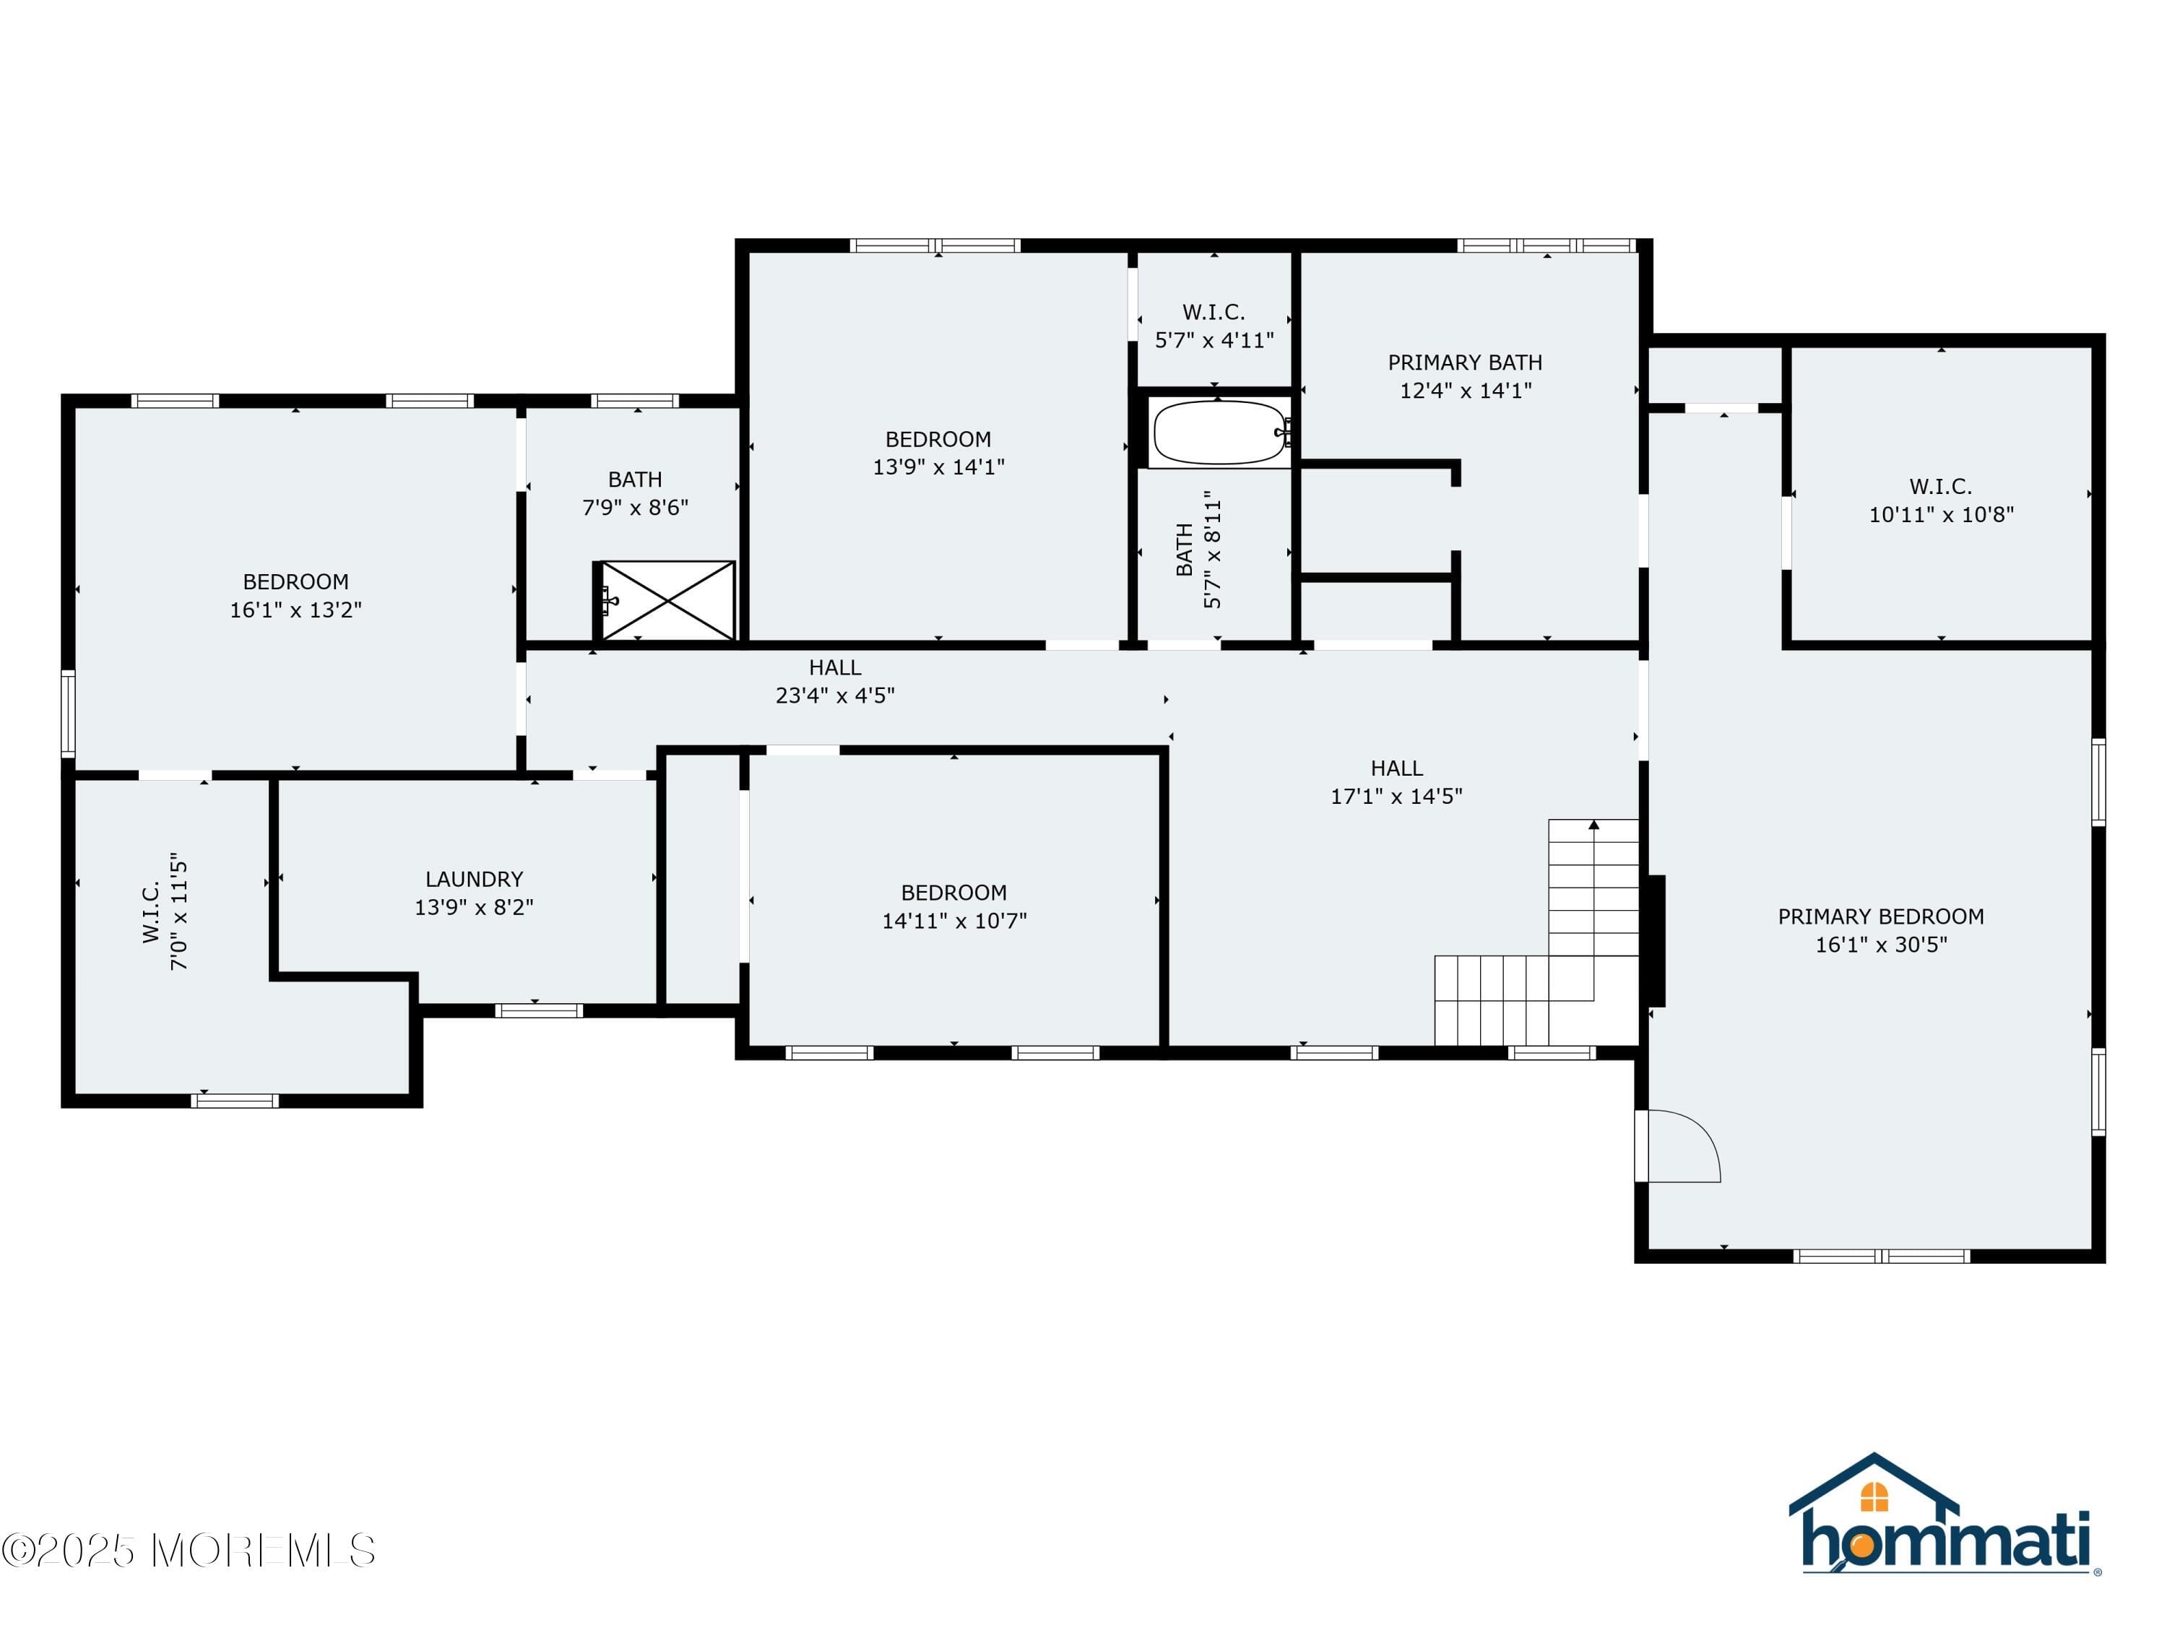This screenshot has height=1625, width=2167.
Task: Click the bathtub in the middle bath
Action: [x=1221, y=433]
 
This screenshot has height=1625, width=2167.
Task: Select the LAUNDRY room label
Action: [x=474, y=880]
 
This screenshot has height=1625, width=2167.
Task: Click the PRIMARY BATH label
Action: [x=1465, y=363]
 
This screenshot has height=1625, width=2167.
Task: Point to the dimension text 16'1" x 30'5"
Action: [x=1881, y=944]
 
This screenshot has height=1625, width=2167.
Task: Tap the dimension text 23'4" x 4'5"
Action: [x=835, y=695]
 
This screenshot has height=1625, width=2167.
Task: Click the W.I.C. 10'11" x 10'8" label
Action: [x=1941, y=500]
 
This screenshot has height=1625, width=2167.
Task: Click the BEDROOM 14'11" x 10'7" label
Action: [x=954, y=906]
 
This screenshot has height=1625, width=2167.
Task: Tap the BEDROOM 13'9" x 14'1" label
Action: [x=938, y=453]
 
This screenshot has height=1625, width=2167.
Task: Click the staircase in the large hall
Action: [x=1537, y=932]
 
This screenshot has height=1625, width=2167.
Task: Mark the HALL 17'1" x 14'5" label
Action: [x=1396, y=781]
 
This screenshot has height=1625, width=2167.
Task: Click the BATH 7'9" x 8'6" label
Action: [x=635, y=493]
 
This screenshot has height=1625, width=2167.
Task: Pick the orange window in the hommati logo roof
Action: [x=1873, y=1496]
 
